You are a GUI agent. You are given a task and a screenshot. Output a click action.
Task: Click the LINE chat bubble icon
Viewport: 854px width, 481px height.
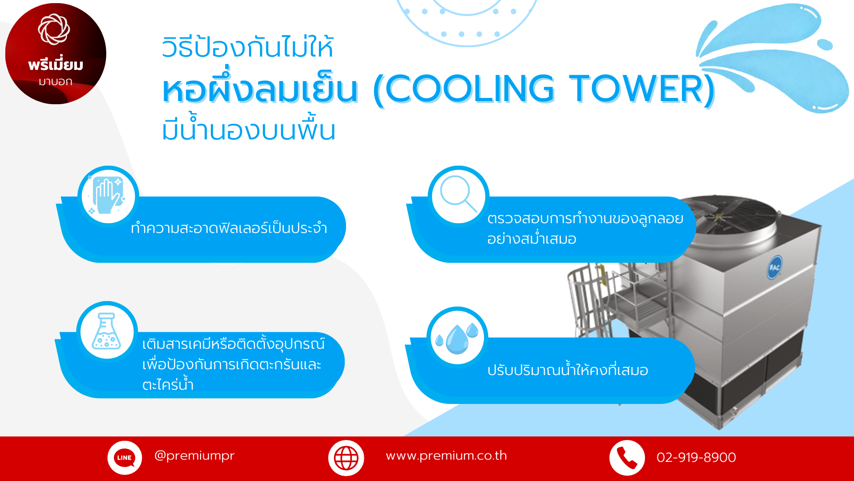point(125,458)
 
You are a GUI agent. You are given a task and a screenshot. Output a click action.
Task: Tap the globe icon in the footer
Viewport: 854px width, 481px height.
point(346,458)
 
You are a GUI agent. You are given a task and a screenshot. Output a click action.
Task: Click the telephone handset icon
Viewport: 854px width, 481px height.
point(627,458)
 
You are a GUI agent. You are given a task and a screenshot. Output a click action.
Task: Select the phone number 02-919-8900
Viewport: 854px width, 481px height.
point(696,457)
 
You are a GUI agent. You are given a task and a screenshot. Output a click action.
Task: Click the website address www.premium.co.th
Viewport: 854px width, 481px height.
point(446,456)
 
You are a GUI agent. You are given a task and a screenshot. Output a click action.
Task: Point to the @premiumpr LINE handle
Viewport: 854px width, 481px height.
point(194,456)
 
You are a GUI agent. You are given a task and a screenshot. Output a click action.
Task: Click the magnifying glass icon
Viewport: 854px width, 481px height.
point(458,194)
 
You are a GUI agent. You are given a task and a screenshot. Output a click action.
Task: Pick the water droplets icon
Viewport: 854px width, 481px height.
point(457,338)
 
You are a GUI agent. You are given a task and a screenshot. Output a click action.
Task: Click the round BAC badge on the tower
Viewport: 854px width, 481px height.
point(774,267)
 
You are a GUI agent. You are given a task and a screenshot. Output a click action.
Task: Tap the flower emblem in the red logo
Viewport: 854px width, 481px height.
point(54,29)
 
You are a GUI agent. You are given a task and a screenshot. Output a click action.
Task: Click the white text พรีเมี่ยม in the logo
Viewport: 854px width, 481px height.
point(56,65)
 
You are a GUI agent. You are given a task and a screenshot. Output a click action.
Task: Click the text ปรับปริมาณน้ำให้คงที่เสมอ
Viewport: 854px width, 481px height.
point(568,370)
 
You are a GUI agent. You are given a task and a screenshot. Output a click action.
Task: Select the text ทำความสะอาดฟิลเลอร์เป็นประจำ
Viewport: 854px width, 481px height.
point(229,228)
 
